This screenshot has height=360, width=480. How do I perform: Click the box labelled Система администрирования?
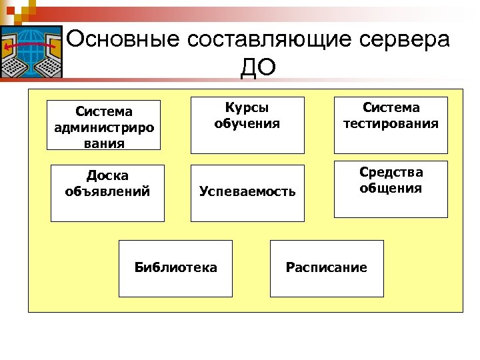click(104, 125)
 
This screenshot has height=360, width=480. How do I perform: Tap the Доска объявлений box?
click(107, 193)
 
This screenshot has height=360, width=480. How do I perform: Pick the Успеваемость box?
click(247, 193)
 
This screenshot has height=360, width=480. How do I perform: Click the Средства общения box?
click(391, 189)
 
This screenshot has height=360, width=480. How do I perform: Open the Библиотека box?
click(176, 268)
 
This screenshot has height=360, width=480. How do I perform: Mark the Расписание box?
click(327, 268)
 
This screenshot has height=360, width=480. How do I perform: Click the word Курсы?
click(247, 108)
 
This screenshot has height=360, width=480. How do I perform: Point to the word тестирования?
click(391, 123)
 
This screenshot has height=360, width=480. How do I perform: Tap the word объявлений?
click(107, 192)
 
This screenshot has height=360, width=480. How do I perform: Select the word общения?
click(391, 188)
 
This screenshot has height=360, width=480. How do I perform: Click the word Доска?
click(107, 176)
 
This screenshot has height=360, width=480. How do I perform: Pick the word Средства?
click(391, 172)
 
